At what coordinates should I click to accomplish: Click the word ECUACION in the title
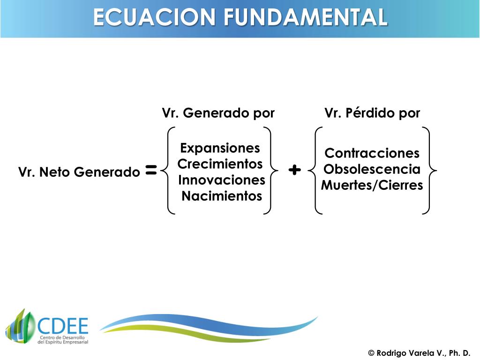click(x=155, y=18)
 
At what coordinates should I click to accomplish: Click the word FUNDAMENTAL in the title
click(x=305, y=18)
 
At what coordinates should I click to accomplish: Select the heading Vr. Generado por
click(x=218, y=113)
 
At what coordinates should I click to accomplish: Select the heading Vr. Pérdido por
click(x=372, y=113)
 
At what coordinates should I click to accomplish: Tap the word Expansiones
click(x=220, y=148)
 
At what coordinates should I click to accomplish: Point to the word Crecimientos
click(x=220, y=164)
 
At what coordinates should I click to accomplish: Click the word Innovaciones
click(x=222, y=180)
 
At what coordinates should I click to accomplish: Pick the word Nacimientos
click(x=222, y=196)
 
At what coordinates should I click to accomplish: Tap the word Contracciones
click(x=372, y=153)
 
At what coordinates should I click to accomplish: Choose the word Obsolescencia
click(x=372, y=169)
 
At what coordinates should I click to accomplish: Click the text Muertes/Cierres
click(x=372, y=185)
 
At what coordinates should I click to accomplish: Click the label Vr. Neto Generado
click(x=79, y=172)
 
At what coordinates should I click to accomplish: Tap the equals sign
click(x=151, y=171)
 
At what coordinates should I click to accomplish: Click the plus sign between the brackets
click(x=294, y=170)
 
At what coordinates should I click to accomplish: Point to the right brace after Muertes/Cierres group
click(x=429, y=171)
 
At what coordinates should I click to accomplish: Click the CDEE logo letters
click(x=62, y=325)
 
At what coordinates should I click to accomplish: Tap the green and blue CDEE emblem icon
click(x=20, y=326)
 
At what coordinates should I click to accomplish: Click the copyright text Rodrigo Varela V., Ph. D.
click(x=419, y=353)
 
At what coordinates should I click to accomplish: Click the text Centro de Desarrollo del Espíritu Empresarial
click(x=62, y=340)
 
